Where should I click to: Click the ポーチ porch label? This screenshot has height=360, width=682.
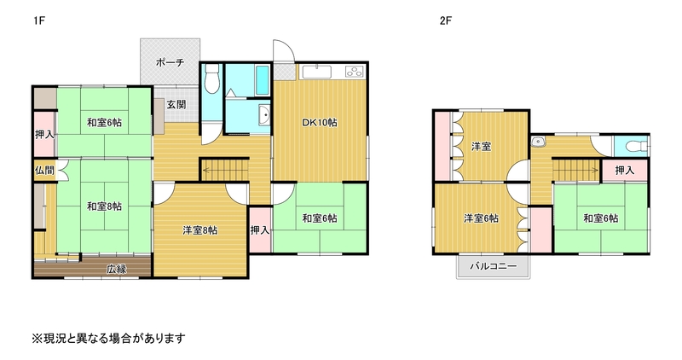pos(170,62)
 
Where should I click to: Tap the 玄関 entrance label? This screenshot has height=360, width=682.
pos(176,104)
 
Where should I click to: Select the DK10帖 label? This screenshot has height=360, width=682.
pos(319,122)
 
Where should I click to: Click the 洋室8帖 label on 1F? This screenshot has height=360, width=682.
pos(199,230)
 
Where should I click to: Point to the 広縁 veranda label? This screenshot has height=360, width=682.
pos(117,269)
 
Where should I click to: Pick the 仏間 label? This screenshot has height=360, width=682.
pos(44,171)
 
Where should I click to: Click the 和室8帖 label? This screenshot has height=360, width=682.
pos(104,206)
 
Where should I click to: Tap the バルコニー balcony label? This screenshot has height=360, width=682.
pos(494,266)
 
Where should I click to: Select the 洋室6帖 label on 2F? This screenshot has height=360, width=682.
pos(481,218)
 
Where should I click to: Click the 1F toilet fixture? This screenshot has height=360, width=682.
pos(211,78)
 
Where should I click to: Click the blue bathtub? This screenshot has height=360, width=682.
pos(263,80)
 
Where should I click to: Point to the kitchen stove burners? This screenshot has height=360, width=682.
pos(355,72)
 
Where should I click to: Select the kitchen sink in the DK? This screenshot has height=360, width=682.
pos(317,72)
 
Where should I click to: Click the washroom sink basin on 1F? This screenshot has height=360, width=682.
pos(264,115)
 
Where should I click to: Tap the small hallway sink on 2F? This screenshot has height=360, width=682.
pos(539,142)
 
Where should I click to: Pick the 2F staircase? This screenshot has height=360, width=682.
pos(576,169)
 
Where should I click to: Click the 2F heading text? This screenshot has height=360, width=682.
pos(446,20)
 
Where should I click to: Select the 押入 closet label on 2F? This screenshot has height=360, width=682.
pos(625,171)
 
